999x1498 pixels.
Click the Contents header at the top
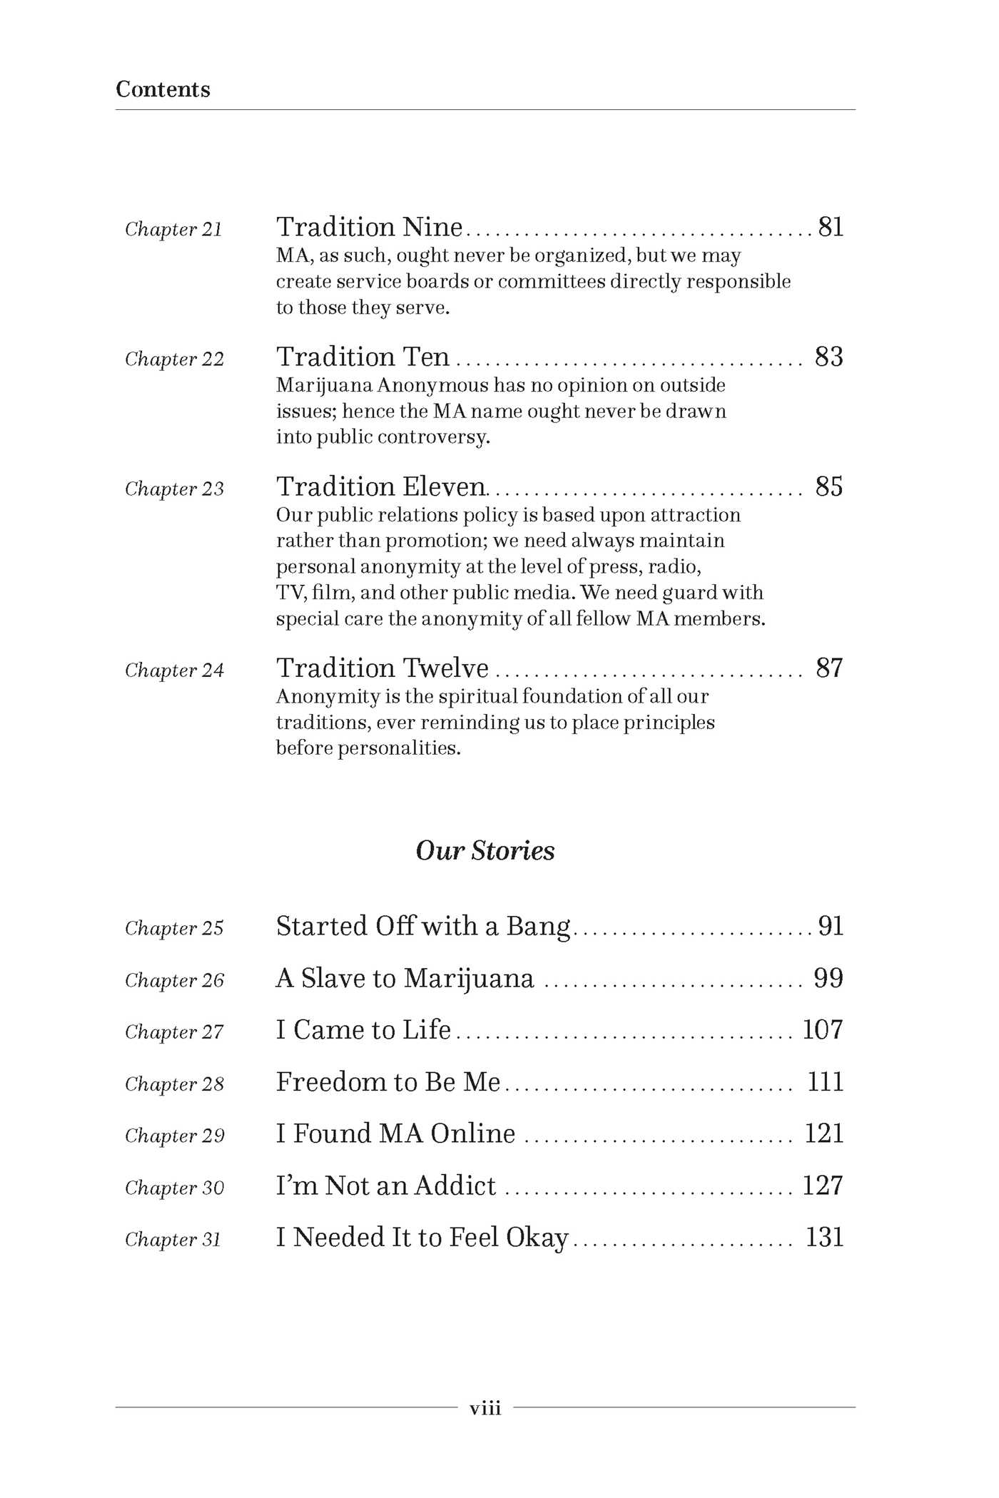point(163,89)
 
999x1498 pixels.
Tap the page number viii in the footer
point(485,1407)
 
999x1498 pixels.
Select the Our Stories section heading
point(485,850)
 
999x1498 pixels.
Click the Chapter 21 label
point(173,229)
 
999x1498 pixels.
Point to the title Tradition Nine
point(370,227)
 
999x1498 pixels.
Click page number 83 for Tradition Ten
point(829,357)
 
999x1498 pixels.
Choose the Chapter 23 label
point(174,489)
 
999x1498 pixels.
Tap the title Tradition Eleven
point(381,486)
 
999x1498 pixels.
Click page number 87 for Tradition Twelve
point(829,668)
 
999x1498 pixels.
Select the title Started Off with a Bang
point(423,926)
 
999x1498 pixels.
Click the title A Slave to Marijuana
point(405,978)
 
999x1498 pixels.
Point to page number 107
point(823,1029)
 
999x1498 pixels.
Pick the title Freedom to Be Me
point(388,1081)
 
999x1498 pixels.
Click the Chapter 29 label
point(175,1136)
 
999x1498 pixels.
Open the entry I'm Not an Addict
point(386,1186)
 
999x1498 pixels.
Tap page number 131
point(824,1237)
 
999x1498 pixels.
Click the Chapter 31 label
point(173,1239)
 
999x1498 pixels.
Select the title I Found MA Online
point(395,1133)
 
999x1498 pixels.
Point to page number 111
point(825,1081)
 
